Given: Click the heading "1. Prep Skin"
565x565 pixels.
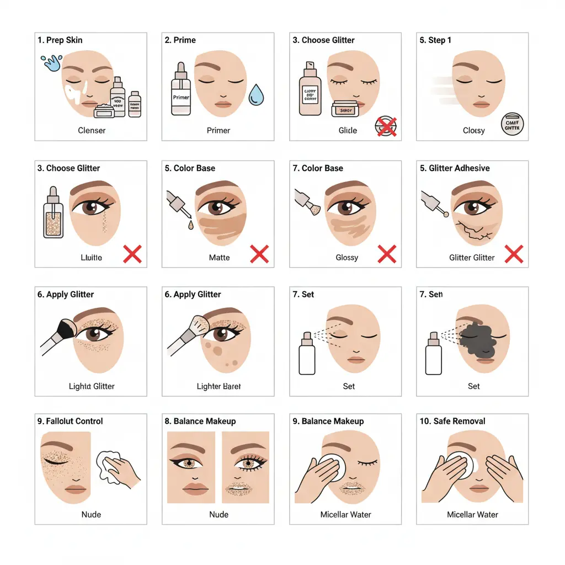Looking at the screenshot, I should click(x=60, y=40).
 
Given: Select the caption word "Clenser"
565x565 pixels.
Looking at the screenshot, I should click(x=92, y=131).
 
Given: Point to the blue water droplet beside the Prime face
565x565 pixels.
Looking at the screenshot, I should click(x=255, y=94).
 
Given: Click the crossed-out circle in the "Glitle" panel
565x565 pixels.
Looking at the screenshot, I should click(x=386, y=126).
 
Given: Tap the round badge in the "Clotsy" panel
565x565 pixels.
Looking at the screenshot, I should click(x=511, y=125).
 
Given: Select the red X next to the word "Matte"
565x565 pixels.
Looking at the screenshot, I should click(x=259, y=254).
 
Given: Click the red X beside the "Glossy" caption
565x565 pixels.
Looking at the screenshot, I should click(x=387, y=254).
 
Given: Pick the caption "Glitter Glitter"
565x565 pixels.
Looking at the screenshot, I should click(x=472, y=258).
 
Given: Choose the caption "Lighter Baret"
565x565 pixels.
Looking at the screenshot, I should click(x=218, y=386).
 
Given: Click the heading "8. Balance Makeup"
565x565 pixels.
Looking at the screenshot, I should click(x=200, y=422).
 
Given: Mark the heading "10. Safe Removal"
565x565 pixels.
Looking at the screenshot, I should click(x=452, y=422).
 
